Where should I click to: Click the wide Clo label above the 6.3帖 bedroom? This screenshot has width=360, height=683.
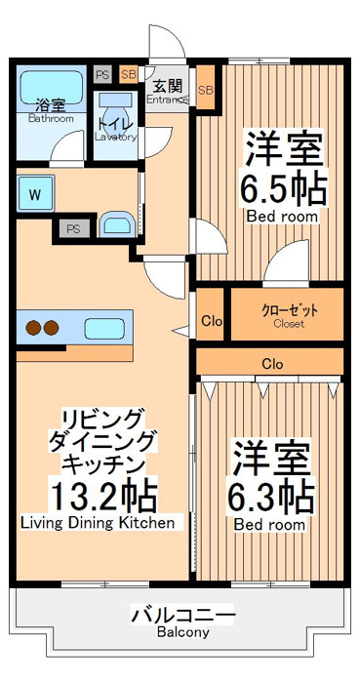point(272,364)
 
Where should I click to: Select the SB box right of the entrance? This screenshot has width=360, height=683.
point(206,91)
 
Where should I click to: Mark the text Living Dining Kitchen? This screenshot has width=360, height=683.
point(98,523)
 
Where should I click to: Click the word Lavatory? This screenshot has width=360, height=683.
point(116,137)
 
